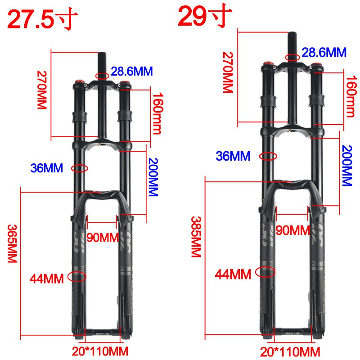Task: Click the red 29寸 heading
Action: tap(205, 17)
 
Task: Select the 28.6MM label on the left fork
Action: tap(132, 71)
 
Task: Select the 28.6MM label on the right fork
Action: tap(324, 52)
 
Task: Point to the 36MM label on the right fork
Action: tap(233, 156)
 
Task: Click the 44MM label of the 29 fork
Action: tap(233, 273)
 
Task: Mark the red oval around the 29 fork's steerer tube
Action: tap(292, 57)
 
